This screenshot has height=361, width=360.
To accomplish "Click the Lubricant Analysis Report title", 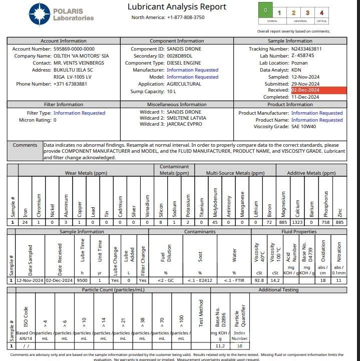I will coord(177,7).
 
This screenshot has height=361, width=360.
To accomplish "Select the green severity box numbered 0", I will coord(265,12).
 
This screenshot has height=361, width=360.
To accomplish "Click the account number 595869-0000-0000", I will coord(74,49).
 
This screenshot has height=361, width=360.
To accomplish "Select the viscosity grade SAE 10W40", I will coord(311,127).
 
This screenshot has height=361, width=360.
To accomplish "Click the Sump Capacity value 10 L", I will coord(172,92).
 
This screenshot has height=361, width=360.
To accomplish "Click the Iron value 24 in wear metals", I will coord(26,222).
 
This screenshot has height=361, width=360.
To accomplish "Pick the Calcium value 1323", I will coord(297,222).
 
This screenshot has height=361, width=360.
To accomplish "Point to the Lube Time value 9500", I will coord(83,281).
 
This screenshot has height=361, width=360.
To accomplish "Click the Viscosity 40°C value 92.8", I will coord(259,281).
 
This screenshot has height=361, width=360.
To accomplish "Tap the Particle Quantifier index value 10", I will coord(240,345).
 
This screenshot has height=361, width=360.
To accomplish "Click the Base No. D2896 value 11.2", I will coord(220,345).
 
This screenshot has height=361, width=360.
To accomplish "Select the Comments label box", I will coord(25,145).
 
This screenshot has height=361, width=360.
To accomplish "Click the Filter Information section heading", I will coord(63,105).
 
